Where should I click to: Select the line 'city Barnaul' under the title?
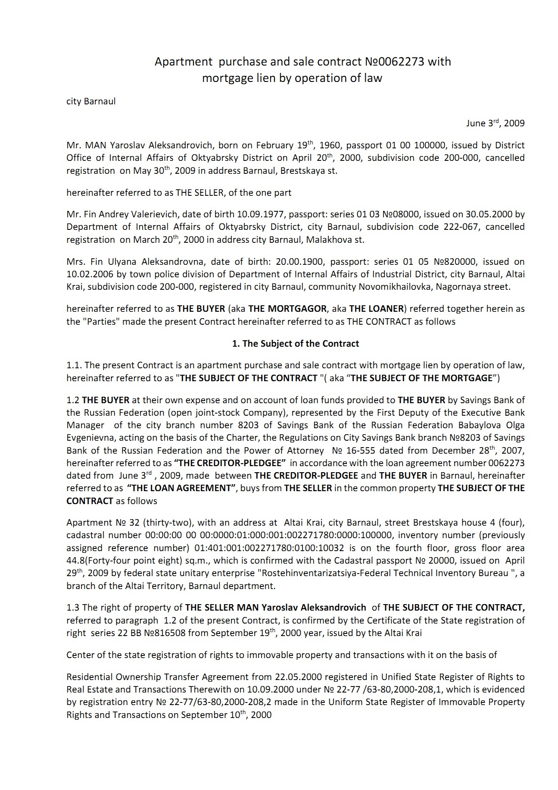(91, 102)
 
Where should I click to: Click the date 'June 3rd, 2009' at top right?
(495, 123)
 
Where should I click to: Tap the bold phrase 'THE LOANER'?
(376, 309)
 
